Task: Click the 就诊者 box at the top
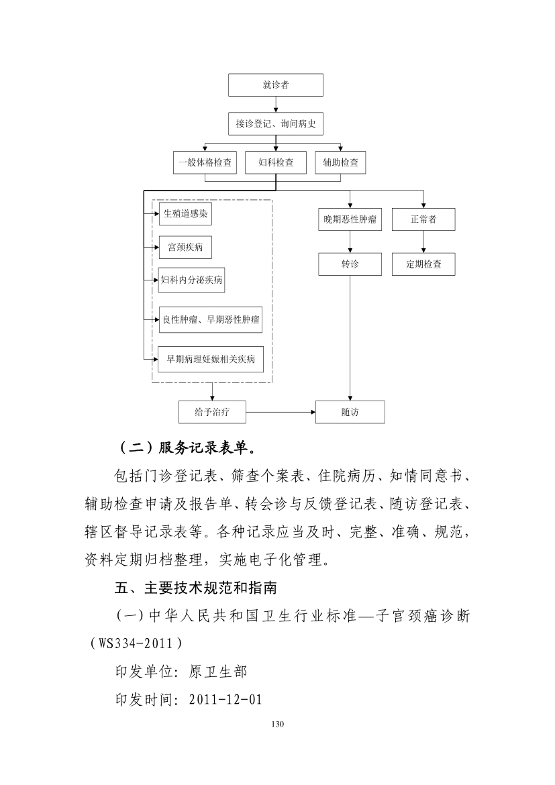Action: pyautogui.click(x=276, y=85)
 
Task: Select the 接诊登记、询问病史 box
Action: pyautogui.click(x=276, y=123)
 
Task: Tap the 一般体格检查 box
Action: pyautogui.click(x=205, y=163)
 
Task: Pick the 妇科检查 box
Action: pyautogui.click(x=276, y=163)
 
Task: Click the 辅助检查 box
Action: pyautogui.click(x=341, y=163)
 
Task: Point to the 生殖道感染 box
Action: pyautogui.click(x=185, y=214)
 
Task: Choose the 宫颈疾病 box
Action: pyautogui.click(x=185, y=248)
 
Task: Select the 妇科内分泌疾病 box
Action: pyautogui.click(x=191, y=280)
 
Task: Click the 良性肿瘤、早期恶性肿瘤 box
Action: pyautogui.click(x=210, y=319)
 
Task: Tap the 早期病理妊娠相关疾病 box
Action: pyautogui.click(x=210, y=359)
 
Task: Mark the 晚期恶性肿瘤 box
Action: pyautogui.click(x=350, y=219)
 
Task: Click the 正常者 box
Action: pyautogui.click(x=423, y=219)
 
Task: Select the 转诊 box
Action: pyautogui.click(x=350, y=264)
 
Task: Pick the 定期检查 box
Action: pyautogui.click(x=423, y=264)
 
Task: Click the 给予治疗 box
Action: pyautogui.click(x=212, y=412)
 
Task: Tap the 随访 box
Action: pyautogui.click(x=350, y=412)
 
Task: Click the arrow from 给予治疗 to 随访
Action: pyautogui.click(x=281, y=413)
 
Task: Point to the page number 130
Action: pyautogui.click(x=278, y=724)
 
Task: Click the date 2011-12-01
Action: pyautogui.click(x=226, y=699)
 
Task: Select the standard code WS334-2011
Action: pyautogui.click(x=135, y=643)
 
